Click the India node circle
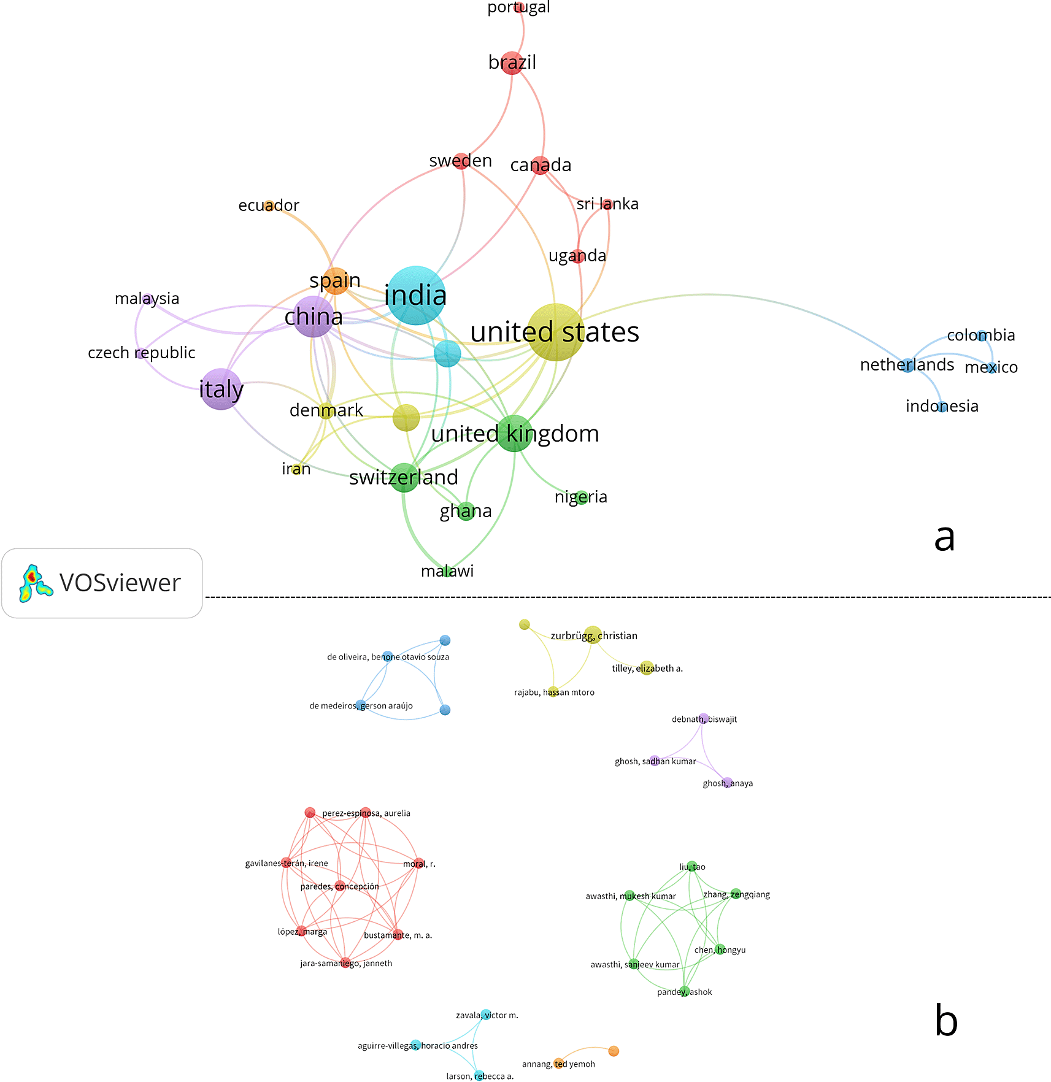click(x=417, y=296)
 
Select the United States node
click(x=556, y=332)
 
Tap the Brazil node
click(x=512, y=63)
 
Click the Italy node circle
click(x=221, y=389)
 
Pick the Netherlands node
click(x=907, y=366)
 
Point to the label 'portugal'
click(x=518, y=7)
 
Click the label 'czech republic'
click(x=142, y=353)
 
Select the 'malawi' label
click(x=447, y=571)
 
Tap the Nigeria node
click(x=582, y=497)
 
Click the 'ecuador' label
click(x=269, y=205)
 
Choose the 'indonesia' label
click(x=942, y=406)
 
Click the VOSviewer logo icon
click(x=35, y=583)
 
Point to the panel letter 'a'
click(x=944, y=538)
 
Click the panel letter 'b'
click(x=946, y=1020)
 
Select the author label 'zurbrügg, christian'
click(x=594, y=636)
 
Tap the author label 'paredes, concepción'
click(x=339, y=887)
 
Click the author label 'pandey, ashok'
click(x=685, y=992)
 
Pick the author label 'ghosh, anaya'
click(x=728, y=783)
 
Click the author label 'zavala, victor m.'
click(x=487, y=1015)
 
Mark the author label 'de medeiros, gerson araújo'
click(x=361, y=706)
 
